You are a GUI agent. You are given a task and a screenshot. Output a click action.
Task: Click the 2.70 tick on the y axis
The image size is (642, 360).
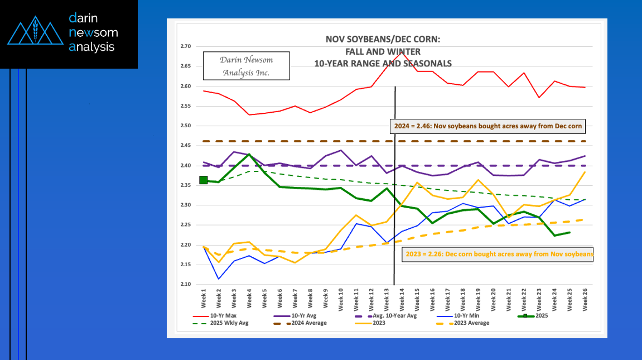click(185, 47)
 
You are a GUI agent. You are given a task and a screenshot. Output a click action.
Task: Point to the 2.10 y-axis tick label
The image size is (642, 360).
click(185, 285)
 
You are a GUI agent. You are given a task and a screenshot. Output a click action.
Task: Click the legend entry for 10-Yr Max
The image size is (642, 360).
click(223, 316)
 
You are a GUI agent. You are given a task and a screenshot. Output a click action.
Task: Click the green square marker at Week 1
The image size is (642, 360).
click(204, 180)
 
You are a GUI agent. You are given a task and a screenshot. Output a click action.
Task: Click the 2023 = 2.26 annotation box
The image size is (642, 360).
click(498, 255)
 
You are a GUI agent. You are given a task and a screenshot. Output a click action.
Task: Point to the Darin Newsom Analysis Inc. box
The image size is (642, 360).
click(246, 66)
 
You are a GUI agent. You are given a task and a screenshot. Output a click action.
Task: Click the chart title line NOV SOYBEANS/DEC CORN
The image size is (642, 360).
click(382, 40)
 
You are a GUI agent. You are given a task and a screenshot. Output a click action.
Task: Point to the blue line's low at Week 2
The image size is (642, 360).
click(219, 279)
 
